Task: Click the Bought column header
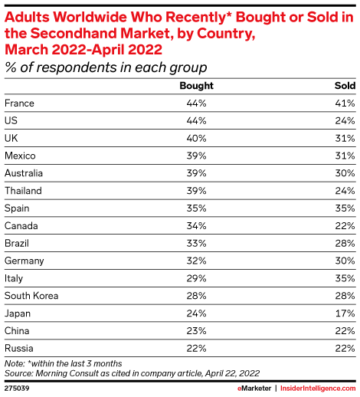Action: pos(196,86)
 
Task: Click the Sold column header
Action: pos(345,86)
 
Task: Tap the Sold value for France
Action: pos(345,103)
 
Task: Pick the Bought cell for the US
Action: pos(196,121)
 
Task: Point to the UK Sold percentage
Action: pos(345,138)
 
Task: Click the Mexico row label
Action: pos(20,156)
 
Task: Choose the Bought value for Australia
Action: pos(196,173)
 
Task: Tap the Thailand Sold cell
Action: pos(345,191)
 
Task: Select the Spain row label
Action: pos(17,208)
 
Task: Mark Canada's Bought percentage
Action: pos(196,226)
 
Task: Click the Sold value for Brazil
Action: pos(345,243)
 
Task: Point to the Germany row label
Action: pos(24,261)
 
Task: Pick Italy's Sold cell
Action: pos(345,278)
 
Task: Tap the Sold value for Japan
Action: pos(345,313)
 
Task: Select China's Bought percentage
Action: pos(196,331)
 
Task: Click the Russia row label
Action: pos(19,348)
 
